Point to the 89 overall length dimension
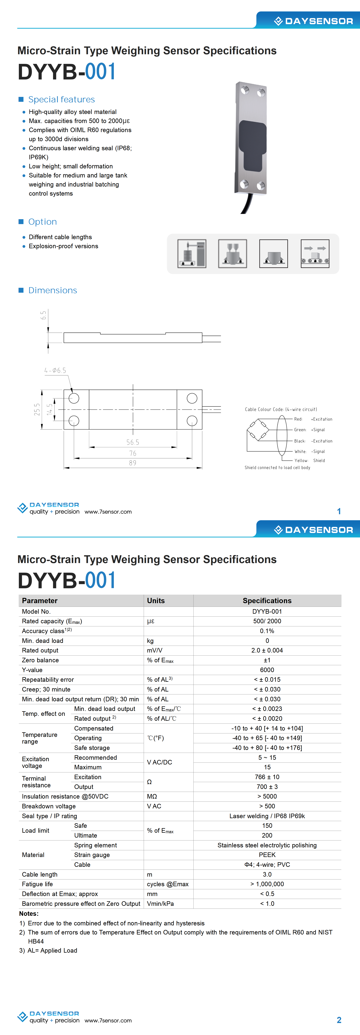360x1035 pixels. [x=133, y=463]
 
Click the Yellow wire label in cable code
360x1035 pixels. [x=301, y=461]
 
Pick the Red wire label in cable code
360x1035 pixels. [x=298, y=419]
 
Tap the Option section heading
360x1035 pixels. [x=43, y=222]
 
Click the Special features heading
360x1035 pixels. [x=62, y=99]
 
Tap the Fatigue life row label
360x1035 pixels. [x=37, y=884]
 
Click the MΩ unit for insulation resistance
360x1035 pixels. [x=152, y=796]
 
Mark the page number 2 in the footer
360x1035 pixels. [x=339, y=1020]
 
